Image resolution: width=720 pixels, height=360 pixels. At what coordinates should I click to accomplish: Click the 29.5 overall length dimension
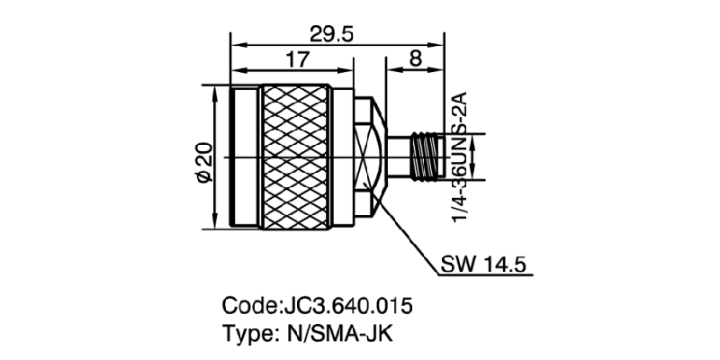pos(331,34)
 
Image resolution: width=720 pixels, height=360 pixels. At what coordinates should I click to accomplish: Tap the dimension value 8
pos(415,60)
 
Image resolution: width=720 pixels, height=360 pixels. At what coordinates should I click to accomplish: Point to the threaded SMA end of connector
pos(423,157)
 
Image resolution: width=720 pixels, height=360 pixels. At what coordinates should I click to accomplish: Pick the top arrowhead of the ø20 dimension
pos(214,91)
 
